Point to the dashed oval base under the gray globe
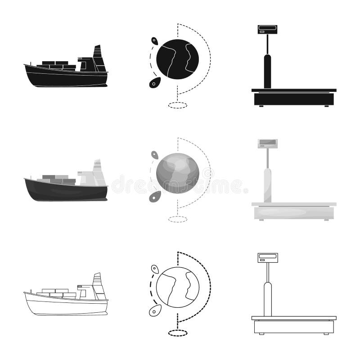coord(177,219)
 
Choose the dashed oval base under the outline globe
coord(177,333)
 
